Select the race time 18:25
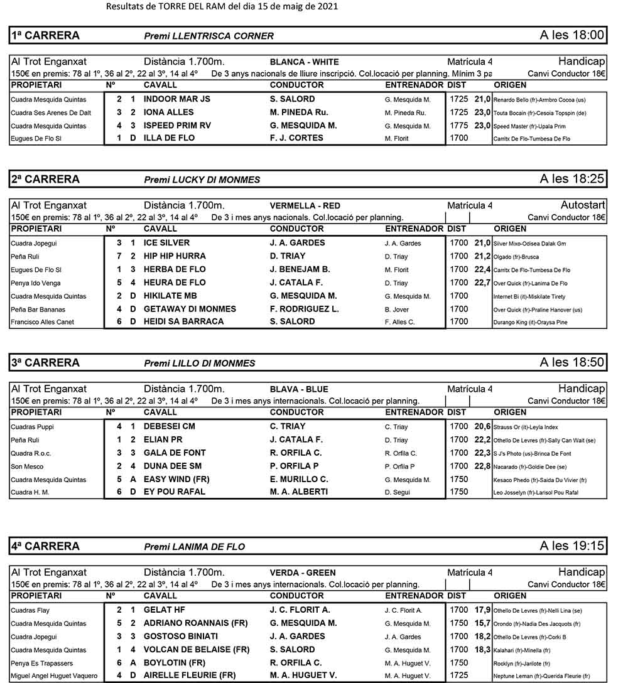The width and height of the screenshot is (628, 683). tap(572, 180)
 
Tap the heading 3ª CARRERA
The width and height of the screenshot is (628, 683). tap(46, 363)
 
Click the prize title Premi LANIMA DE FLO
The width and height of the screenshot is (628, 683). tap(195, 547)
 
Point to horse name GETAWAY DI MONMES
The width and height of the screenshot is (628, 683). tap(190, 309)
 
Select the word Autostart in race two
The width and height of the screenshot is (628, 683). tap(583, 205)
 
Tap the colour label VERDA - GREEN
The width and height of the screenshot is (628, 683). tap(303, 573)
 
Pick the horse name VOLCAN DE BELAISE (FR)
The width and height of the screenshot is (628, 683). tap(197, 650)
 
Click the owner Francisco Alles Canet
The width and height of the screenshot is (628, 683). tap(42, 322)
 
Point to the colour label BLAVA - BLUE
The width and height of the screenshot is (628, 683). tap(299, 389)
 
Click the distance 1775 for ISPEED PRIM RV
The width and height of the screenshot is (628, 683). tap(459, 126)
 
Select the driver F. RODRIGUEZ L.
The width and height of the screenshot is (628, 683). tap(304, 309)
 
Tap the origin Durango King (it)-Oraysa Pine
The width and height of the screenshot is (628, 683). tap(531, 323)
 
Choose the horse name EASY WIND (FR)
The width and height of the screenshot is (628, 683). tap(176, 479)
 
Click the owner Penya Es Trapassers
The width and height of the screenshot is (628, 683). tap(41, 664)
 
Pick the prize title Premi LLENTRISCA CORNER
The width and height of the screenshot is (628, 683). tap(208, 36)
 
